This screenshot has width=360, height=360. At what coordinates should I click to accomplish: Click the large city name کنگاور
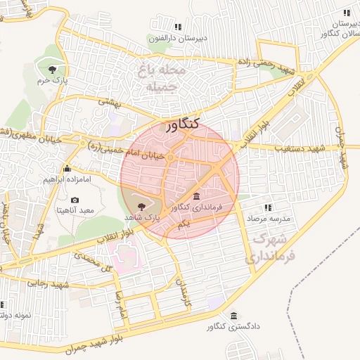point(183,126)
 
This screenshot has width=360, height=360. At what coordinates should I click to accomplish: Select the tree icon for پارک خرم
point(52,69)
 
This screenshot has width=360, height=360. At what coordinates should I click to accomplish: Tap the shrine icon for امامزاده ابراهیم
point(67,169)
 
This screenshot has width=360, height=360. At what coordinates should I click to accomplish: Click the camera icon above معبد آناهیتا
point(75,200)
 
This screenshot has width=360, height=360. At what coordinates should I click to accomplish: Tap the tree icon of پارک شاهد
point(143,206)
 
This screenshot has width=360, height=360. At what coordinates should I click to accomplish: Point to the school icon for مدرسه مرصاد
point(267,207)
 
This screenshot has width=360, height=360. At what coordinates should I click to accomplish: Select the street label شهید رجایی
point(47,283)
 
